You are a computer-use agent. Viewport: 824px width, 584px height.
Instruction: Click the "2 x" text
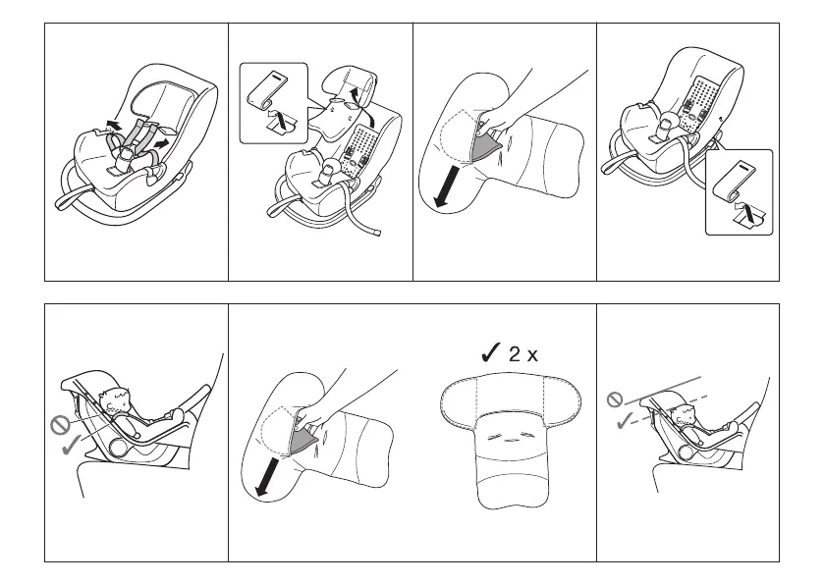tap(523, 354)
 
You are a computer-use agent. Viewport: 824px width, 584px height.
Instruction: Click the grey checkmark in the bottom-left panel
tap(72, 449)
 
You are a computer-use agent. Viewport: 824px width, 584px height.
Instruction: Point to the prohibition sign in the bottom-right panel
tap(615, 399)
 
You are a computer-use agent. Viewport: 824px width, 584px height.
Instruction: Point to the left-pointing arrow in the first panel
tap(114, 125)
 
